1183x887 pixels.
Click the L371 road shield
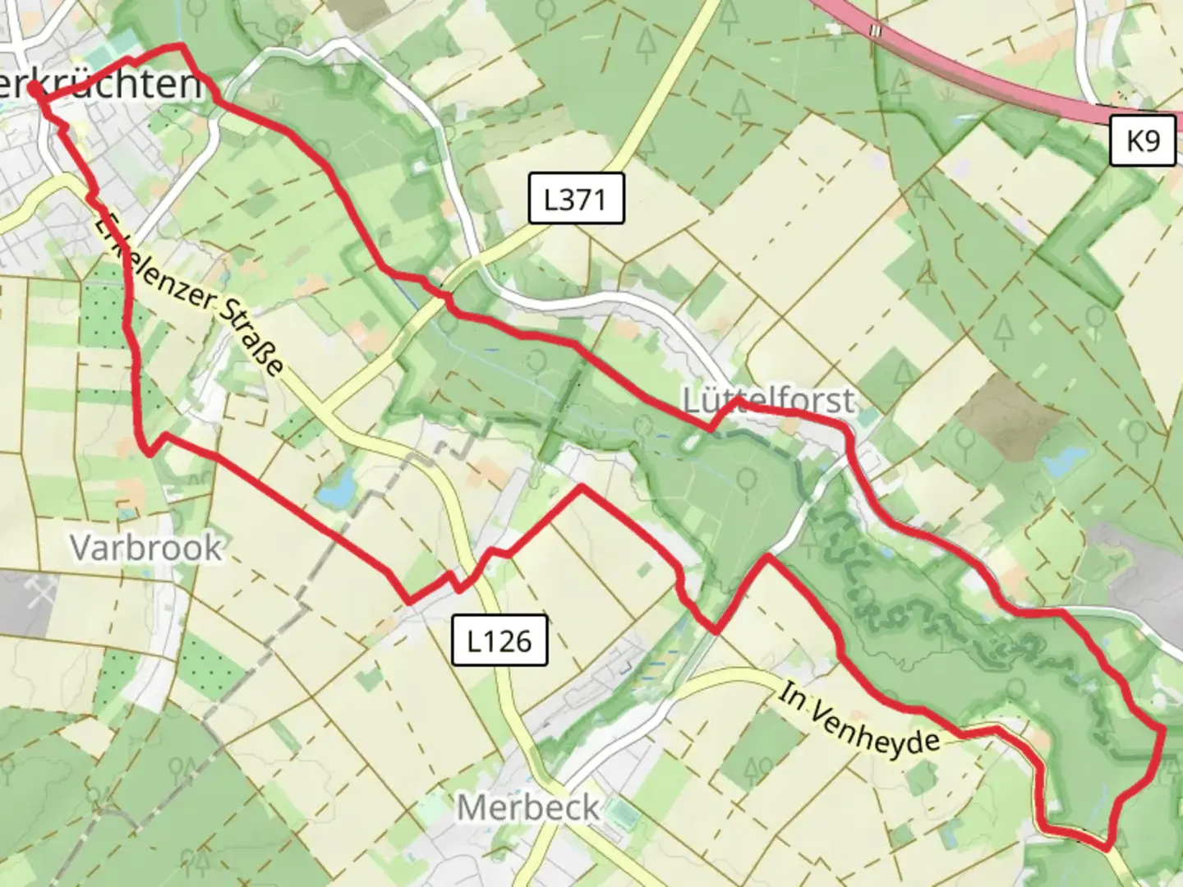(575, 199)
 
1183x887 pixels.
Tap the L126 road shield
(499, 640)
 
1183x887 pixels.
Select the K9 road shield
(1142, 141)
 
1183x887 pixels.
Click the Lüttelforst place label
(769, 401)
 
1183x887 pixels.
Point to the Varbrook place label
(146, 548)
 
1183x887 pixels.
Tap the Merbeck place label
(528, 807)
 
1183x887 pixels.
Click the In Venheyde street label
(858, 719)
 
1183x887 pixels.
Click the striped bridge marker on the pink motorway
(877, 30)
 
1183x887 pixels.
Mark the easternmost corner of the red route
(1163, 729)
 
